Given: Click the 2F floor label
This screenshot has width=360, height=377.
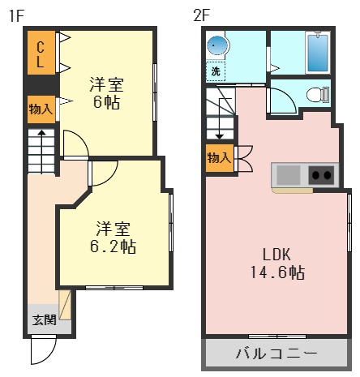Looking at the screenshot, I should click(201, 14).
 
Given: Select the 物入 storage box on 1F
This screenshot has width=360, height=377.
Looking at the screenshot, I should click(41, 108).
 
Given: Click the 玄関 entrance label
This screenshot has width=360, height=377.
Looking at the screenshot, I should click(44, 319).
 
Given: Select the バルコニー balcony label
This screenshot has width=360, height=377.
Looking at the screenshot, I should click(276, 353).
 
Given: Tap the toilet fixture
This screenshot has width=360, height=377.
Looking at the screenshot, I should click(317, 95).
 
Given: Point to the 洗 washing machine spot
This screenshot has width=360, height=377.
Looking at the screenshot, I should click(216, 71).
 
